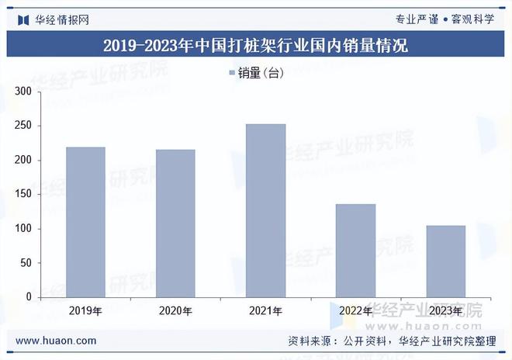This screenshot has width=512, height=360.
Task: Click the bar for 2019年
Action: coord(85,222)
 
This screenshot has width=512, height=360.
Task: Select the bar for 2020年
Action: coord(175,223)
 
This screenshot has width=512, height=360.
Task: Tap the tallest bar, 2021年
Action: coord(265,210)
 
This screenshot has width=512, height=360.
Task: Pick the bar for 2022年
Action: coord(355,251)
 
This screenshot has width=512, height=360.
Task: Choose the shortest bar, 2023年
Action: coord(445,261)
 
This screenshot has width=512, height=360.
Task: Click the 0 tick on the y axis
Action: coord(29,297)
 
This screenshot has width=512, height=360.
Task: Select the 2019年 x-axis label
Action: coord(85,312)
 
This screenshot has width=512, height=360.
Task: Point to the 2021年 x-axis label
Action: coord(265,312)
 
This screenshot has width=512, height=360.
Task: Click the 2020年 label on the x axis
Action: coord(175,312)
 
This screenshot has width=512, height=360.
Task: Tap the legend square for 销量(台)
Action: coord(232,73)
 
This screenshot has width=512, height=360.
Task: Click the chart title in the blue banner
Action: coord(255,46)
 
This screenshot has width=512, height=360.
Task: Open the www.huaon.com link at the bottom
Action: coord(56,341)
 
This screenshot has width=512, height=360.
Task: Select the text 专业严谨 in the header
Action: coord(417,19)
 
